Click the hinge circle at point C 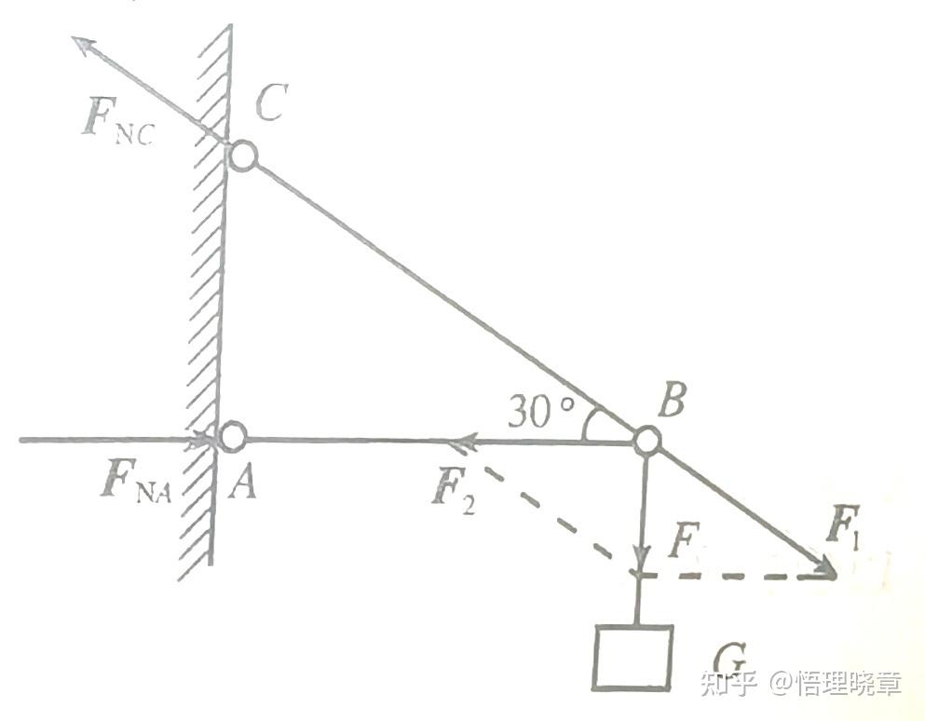coord(242,156)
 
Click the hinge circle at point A coord(231,435)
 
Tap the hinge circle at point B coord(646,439)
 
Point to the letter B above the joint coord(671,403)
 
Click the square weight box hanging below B coord(633,658)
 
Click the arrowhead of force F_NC coord(82,43)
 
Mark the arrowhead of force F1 coord(825,568)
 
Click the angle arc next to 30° coord(588,424)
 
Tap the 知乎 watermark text coord(727,685)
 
